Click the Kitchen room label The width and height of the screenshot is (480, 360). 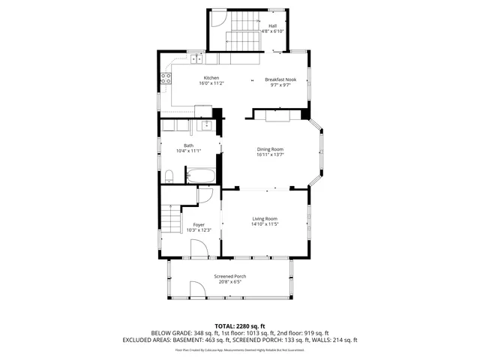(212, 79)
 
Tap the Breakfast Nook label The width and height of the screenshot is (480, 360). (280, 79)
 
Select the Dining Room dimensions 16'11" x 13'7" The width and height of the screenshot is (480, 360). (270, 154)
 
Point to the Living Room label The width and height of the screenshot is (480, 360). (265, 218)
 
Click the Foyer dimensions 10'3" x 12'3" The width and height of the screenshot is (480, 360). (199, 230)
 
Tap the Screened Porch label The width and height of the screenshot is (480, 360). (229, 276)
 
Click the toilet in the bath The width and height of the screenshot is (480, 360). (170, 177)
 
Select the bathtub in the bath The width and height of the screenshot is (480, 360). (200, 177)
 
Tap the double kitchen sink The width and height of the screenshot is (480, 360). (196, 58)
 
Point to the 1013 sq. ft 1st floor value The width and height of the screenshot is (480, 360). (246, 333)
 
